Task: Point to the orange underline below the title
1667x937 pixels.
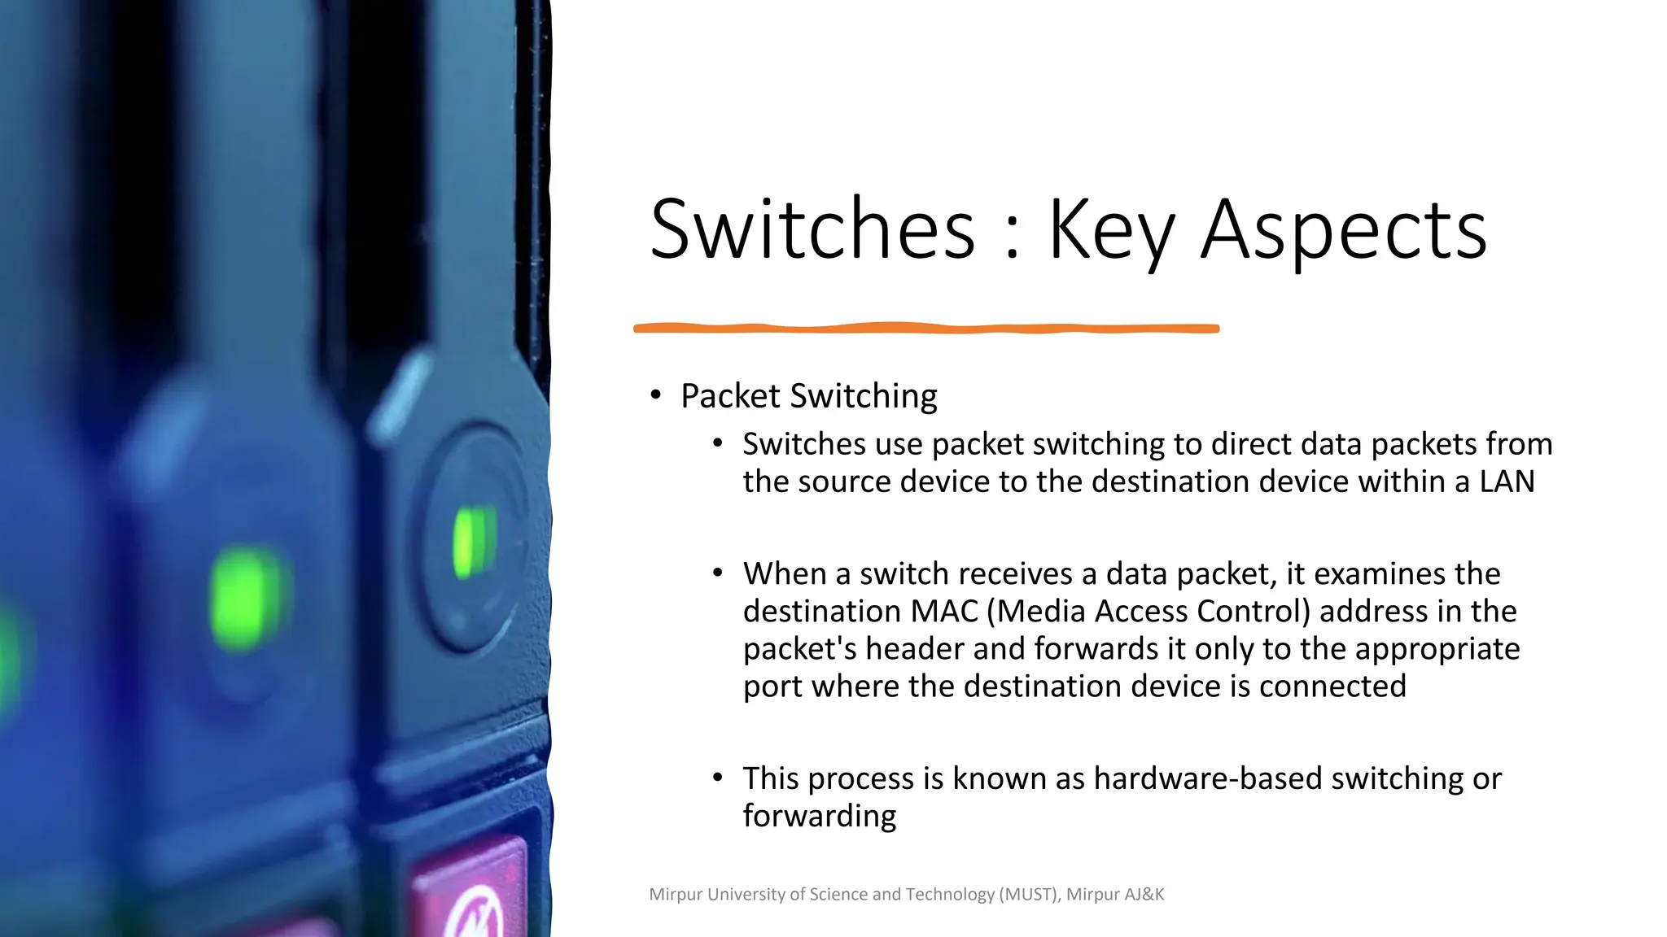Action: [926, 328]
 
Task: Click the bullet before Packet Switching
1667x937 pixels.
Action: [656, 395]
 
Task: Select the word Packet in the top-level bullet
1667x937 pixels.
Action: [730, 396]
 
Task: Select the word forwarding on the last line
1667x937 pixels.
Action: [819, 816]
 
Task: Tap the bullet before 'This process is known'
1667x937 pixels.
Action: [717, 778]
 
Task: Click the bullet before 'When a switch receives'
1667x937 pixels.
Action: [717, 573]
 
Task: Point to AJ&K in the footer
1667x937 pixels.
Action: [1144, 894]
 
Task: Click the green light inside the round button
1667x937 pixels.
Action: [474, 542]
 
